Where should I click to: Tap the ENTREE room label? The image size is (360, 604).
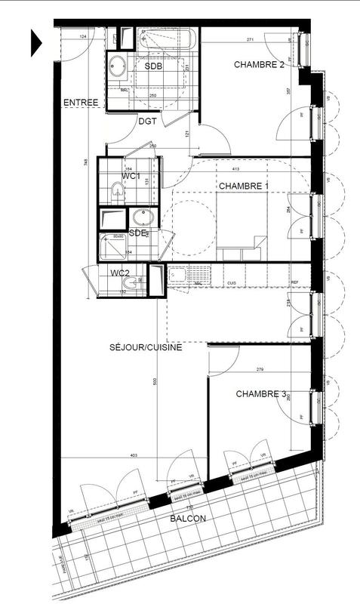81,102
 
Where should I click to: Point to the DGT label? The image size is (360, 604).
147,120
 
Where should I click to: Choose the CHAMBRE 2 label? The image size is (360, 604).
259,64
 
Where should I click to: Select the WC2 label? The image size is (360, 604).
121,273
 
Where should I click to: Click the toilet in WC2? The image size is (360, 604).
133,283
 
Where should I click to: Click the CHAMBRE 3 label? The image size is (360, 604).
261,393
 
